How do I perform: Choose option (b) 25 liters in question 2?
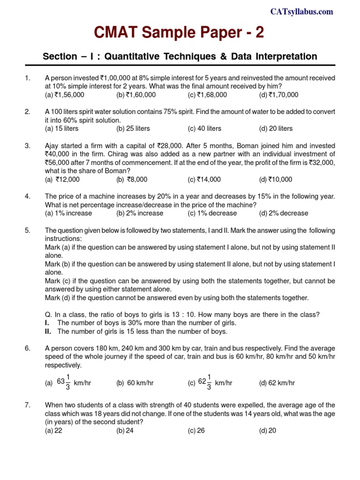pos(134,128)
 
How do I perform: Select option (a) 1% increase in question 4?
pos(68,213)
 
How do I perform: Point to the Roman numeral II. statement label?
pos(48,331)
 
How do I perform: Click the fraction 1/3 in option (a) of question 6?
pos(68,382)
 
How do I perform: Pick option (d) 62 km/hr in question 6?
pos(277,383)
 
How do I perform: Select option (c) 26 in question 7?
pos(196,431)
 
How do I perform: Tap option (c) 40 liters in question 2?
pos(205,128)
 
